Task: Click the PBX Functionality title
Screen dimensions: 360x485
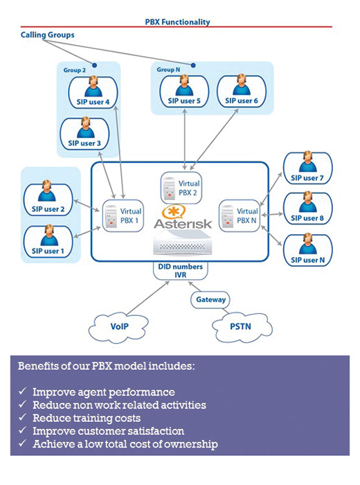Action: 177,22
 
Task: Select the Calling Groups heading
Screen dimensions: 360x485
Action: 47,35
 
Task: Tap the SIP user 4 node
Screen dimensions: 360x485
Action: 93,92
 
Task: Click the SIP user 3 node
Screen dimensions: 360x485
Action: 84,134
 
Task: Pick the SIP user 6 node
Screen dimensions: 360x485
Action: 242,91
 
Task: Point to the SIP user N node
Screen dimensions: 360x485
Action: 308,250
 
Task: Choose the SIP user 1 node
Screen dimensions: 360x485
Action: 48,241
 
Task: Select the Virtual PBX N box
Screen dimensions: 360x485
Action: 240,215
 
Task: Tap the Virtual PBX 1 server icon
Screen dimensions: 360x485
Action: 111,217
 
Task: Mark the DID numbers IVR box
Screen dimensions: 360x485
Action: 181,271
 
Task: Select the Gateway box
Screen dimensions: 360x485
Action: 210,300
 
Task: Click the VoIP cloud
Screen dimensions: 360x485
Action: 118,327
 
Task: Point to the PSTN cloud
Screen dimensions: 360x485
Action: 242,326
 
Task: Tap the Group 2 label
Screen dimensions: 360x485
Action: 75,70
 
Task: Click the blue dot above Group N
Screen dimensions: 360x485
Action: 193,65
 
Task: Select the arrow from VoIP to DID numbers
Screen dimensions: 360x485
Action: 148,297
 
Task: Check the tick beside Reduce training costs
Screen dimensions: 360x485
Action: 22,417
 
